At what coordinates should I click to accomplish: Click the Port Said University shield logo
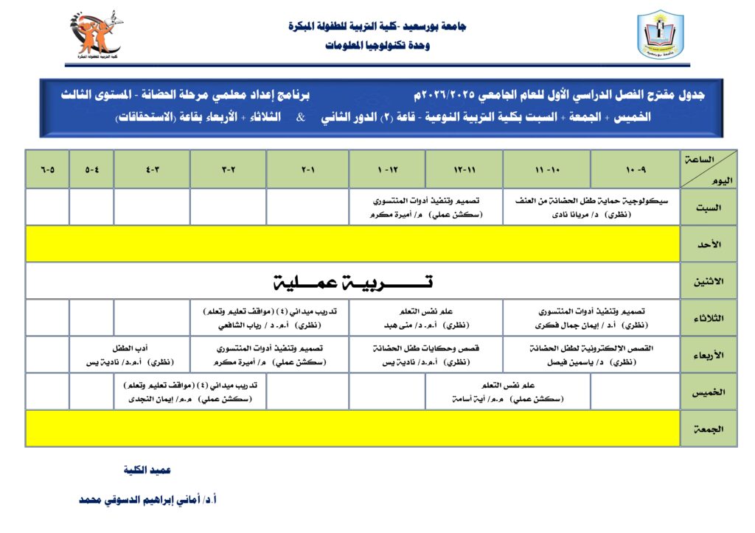(x=660, y=35)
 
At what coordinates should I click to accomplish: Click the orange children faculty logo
(x=97, y=35)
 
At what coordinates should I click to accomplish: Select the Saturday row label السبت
(x=708, y=207)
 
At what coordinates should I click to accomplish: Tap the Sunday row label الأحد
(x=708, y=244)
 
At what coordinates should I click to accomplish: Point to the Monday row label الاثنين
(x=708, y=281)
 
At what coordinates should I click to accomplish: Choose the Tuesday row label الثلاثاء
(x=708, y=318)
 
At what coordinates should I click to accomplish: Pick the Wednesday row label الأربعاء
(x=708, y=355)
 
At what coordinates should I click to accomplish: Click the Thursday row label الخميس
(x=708, y=392)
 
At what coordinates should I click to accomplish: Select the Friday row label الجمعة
(x=708, y=428)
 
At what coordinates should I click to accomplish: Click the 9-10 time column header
(x=635, y=169)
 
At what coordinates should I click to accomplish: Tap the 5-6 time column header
(x=47, y=169)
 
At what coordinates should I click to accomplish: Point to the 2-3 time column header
(x=228, y=169)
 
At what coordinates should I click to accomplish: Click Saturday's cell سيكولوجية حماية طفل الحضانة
(x=591, y=207)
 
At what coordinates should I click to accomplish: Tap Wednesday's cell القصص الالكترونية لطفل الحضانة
(x=591, y=355)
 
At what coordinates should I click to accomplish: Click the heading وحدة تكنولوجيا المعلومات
(x=377, y=46)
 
